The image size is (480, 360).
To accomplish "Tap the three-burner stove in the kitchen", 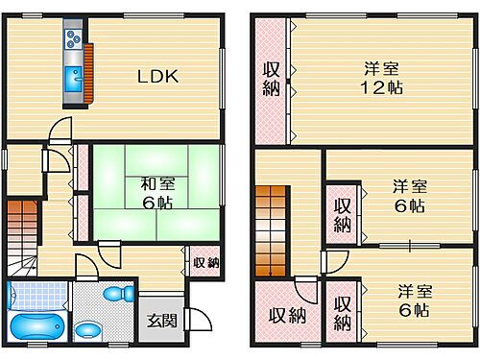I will click(73, 40).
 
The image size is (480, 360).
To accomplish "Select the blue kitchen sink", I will click(72, 80).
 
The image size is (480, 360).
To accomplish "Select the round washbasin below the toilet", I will click(88, 329).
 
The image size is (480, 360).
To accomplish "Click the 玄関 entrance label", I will click(157, 322).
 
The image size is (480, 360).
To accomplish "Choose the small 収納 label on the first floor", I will click(204, 262).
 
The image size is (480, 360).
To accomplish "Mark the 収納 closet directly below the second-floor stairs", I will click(280, 313).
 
